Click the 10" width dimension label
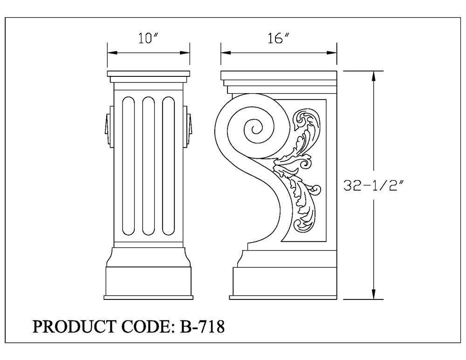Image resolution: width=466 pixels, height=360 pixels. (148, 38)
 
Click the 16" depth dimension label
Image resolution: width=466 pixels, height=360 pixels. (279, 38)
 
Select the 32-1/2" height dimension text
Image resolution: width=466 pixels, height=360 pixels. (374, 186)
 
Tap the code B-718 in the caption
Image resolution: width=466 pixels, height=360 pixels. (202, 326)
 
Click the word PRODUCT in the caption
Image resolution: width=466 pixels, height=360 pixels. (74, 326)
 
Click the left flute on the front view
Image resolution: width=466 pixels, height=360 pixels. (129, 166)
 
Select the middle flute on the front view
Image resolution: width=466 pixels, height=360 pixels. (148, 166)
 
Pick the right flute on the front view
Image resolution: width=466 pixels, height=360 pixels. (168, 166)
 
